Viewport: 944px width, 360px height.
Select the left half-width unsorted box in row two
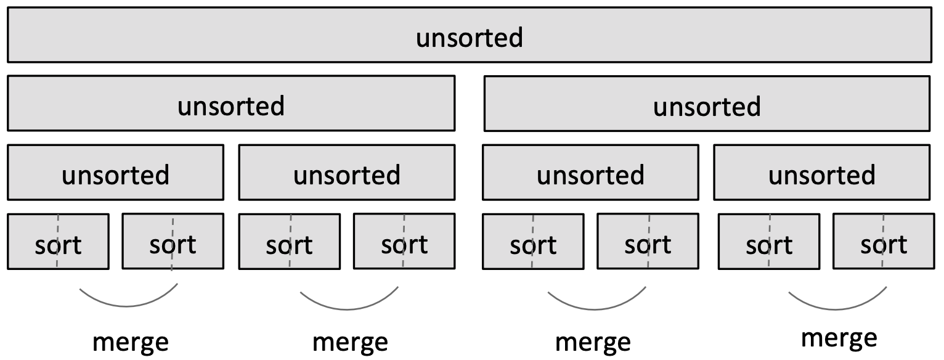coord(231,104)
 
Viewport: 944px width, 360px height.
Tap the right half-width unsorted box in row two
coord(707,104)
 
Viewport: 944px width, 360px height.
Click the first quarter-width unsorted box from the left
coord(115,173)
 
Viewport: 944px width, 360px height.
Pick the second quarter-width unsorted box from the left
coord(347,173)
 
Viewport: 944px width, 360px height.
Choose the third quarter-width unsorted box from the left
coord(590,173)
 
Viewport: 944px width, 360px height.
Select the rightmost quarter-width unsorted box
coord(822,173)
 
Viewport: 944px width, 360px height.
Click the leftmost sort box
coord(58,242)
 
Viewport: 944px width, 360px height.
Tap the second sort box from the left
coord(173,242)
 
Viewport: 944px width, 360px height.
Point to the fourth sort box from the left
coord(404,242)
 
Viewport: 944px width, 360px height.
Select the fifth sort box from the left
coord(533,242)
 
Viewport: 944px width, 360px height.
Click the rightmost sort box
coord(884,242)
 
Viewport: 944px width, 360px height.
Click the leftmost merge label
coord(130,342)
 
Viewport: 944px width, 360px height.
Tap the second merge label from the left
coord(350,342)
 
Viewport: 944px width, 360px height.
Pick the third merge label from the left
coord(593,342)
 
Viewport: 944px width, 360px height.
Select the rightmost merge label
coord(839,338)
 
